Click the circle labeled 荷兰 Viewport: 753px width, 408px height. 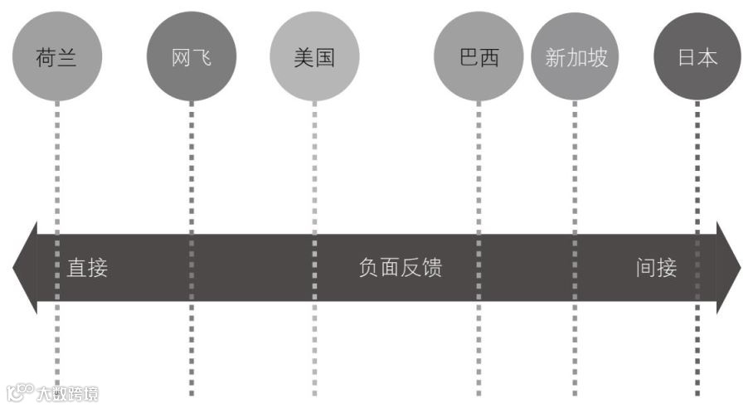tap(56, 56)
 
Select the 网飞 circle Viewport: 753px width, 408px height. tap(192, 56)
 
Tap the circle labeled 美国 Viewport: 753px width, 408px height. tap(314, 56)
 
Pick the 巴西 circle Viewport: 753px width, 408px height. tap(479, 56)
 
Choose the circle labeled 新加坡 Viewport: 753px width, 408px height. tap(576, 56)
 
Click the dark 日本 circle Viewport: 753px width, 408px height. tap(697, 56)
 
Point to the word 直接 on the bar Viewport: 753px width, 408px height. tap(88, 268)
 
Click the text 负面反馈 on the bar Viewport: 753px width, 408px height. tap(400, 268)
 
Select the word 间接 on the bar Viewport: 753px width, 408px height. tap(657, 268)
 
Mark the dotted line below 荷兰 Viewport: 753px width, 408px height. tap(56, 166)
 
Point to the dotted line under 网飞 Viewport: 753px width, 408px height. tap(192, 166)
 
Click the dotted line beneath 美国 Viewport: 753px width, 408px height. tap(314, 166)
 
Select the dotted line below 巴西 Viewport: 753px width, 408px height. tap(479, 166)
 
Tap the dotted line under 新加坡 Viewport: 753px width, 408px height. tap(575, 166)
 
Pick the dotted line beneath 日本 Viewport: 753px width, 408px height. tap(697, 166)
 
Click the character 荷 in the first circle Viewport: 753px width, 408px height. tap(46, 57)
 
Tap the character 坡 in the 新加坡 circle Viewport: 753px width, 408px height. tap(597, 57)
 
